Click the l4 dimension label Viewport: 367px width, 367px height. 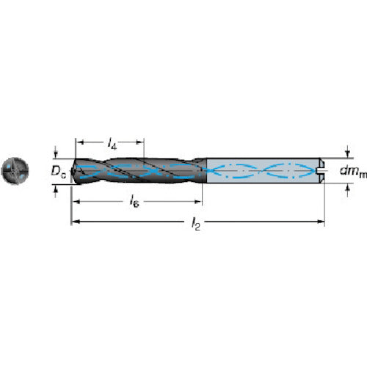pos(112,143)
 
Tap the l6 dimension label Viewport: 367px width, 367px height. pos(134,201)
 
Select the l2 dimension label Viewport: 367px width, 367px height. pos(196,224)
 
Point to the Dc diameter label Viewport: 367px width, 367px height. pos(59,171)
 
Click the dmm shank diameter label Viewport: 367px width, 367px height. pos(353,171)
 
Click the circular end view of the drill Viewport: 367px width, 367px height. pos(15,170)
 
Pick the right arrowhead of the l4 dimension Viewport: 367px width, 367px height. pos(139,142)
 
